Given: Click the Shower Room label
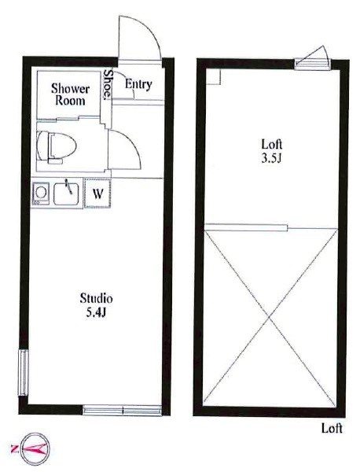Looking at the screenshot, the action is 70,94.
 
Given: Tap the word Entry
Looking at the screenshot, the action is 138,84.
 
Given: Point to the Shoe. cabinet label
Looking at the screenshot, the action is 108,85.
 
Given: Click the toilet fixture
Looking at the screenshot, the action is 57,147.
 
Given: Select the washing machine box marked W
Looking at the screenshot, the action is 97,194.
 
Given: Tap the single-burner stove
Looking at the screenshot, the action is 41,193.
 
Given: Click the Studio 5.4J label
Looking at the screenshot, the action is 96,305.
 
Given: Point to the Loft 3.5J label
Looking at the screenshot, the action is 271,151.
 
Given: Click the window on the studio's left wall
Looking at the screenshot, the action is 24,372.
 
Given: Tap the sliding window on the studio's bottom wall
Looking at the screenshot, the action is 122,411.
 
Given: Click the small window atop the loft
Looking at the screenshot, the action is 311,61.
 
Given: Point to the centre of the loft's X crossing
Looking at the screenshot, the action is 269,318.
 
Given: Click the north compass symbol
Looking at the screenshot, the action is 35,449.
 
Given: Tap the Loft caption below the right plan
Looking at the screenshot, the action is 332,428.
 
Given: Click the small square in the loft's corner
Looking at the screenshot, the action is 214,77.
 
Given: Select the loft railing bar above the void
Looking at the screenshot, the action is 246,227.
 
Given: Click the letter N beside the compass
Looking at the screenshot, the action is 14,449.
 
